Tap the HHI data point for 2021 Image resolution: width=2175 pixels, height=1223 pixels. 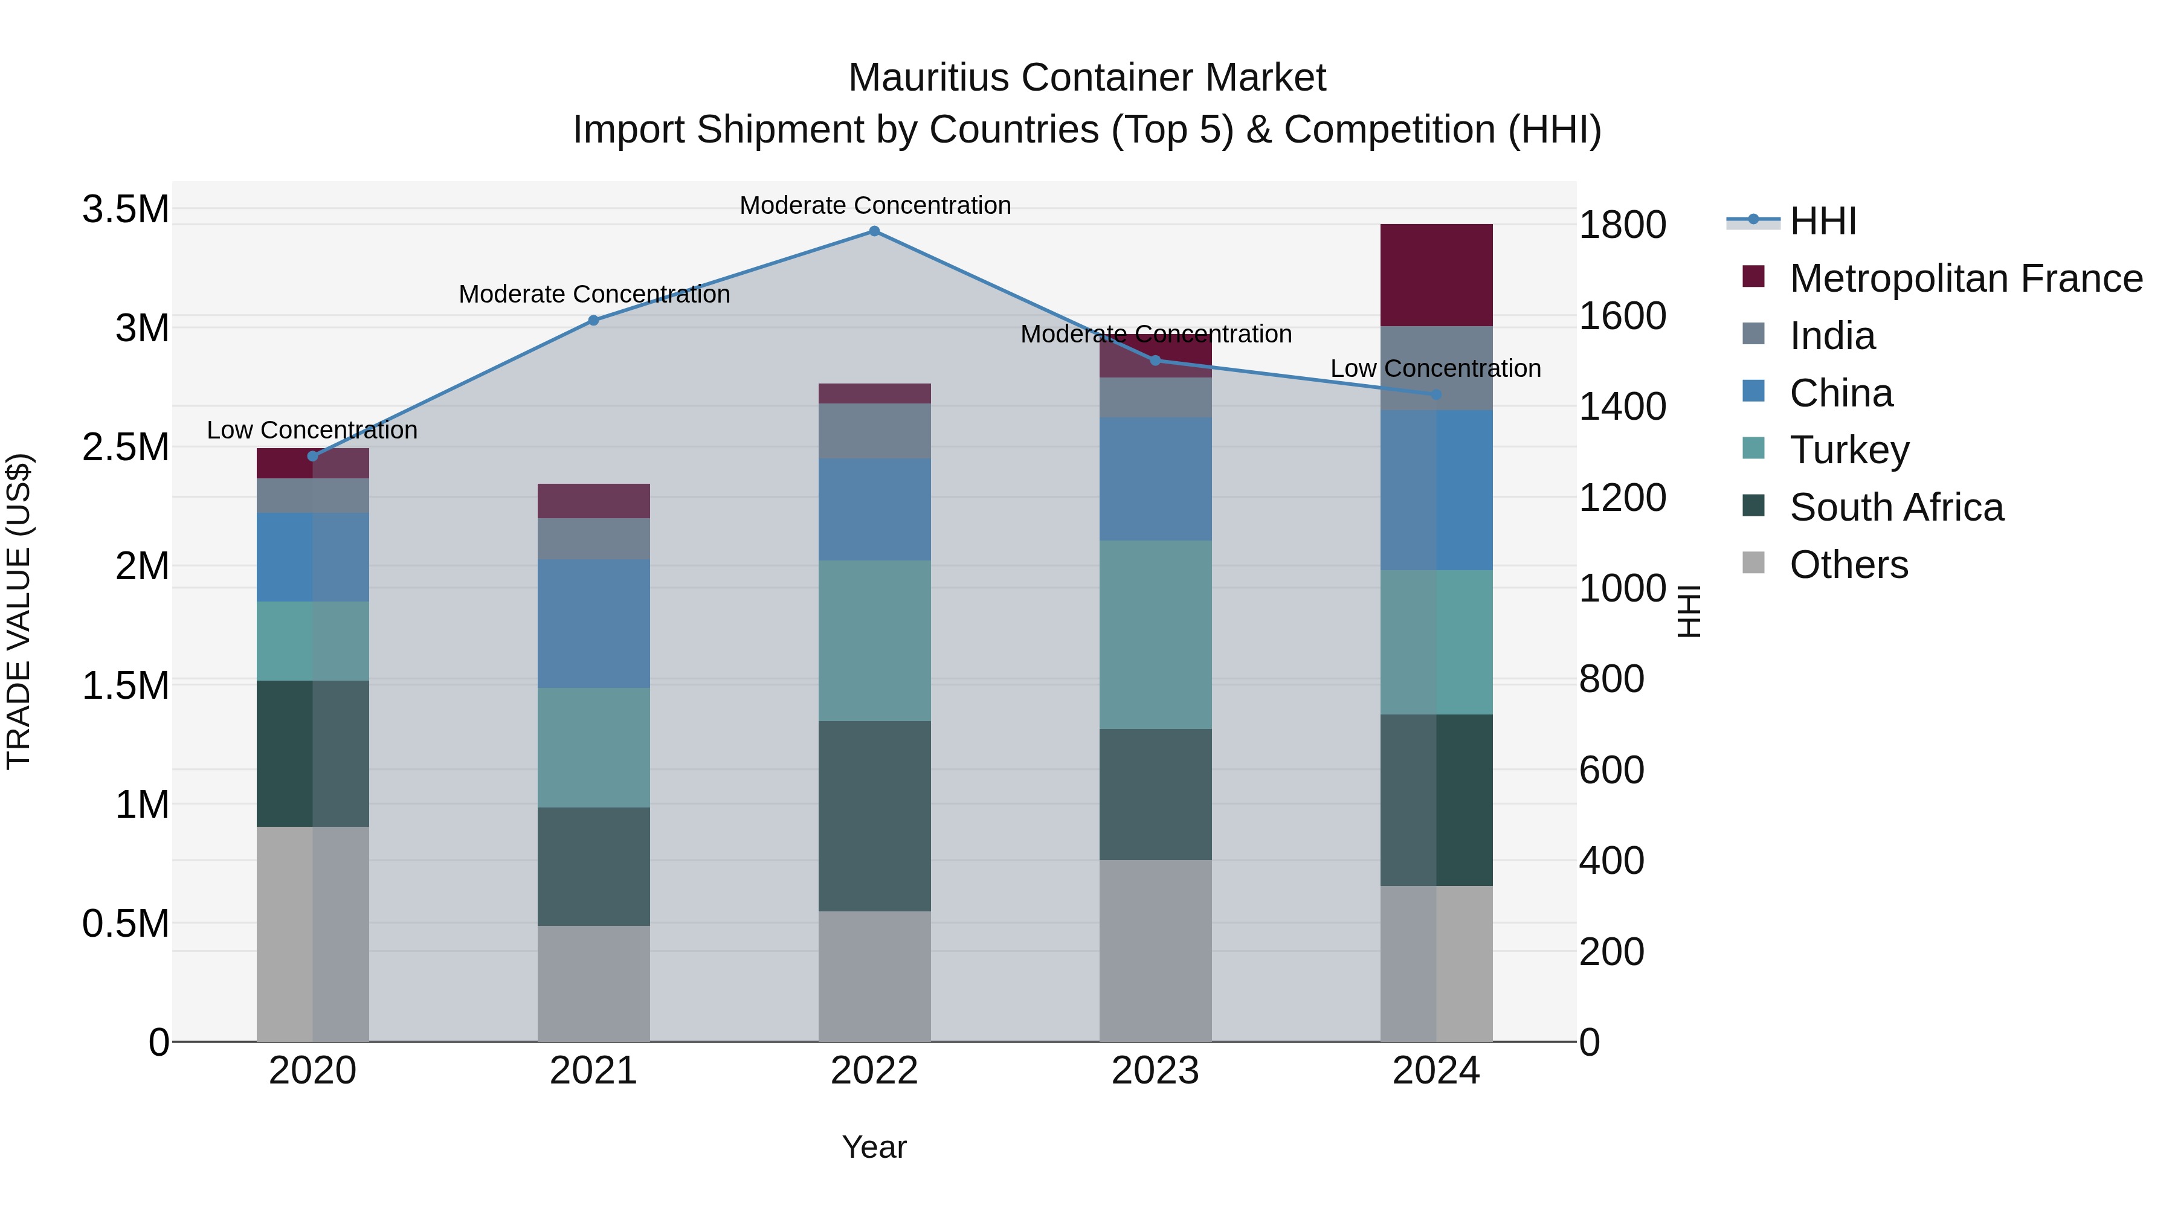coord(593,320)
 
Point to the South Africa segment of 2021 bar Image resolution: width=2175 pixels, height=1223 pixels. coord(593,866)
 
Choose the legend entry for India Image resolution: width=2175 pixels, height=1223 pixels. coord(1832,336)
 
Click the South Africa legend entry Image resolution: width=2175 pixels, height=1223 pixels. coord(1895,507)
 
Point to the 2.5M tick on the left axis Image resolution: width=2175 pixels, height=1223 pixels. coord(126,448)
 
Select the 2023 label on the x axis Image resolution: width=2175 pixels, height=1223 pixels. coord(1155,1071)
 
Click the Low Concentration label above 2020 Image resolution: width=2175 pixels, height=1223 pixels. coord(312,431)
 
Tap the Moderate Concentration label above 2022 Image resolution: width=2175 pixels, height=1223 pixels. coord(875,205)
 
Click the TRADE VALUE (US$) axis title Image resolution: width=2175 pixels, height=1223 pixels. coord(19,611)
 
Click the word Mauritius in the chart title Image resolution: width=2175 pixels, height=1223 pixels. coord(928,78)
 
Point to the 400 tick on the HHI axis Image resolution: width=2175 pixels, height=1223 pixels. coord(1611,861)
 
